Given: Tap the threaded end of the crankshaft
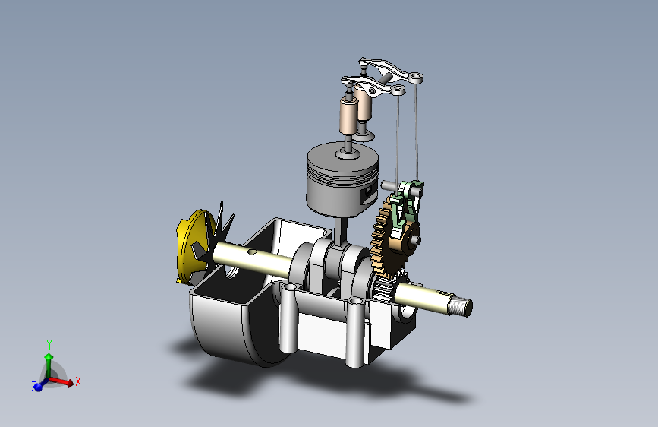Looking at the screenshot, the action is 461,306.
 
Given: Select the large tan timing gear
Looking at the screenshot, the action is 386,239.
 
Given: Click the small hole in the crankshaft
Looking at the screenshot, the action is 252,252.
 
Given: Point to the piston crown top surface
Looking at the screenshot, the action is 342,157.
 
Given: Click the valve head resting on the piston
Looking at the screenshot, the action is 348,155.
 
